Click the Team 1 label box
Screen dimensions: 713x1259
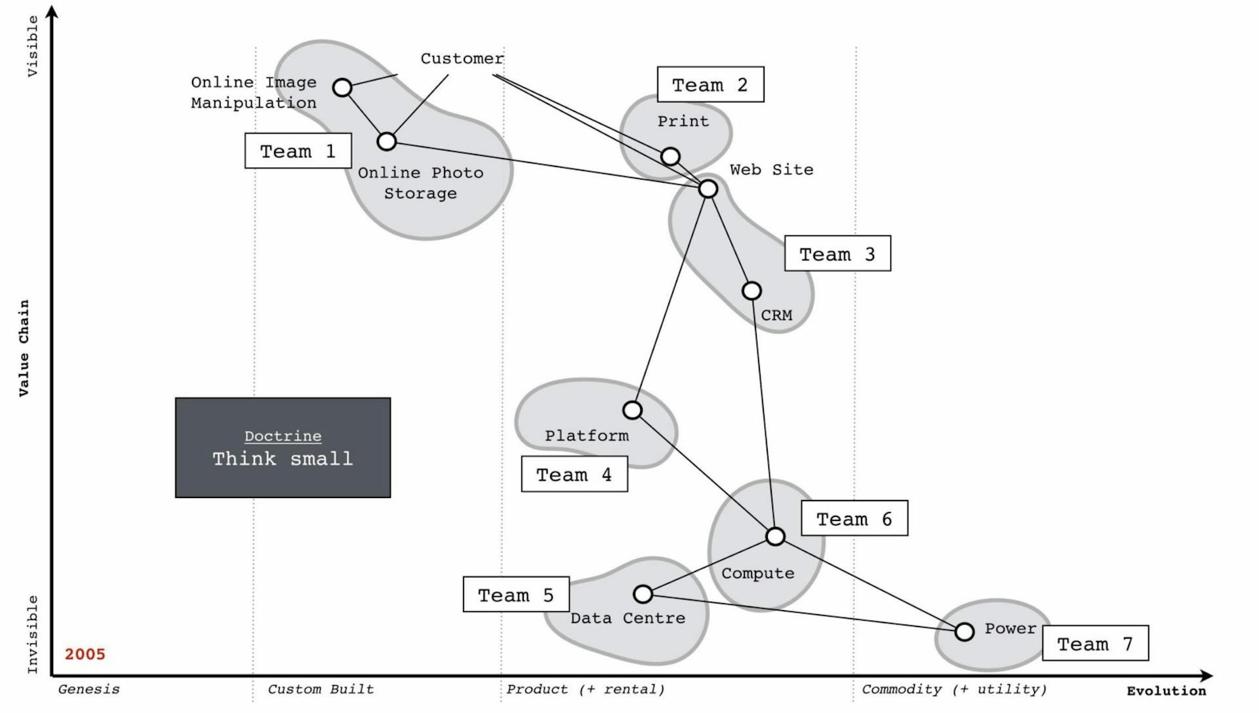coord(298,151)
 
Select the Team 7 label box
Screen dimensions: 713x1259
coord(1095,644)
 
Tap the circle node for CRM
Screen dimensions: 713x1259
coord(751,290)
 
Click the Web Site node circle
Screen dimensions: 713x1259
coord(708,189)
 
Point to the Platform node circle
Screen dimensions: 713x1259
coord(632,410)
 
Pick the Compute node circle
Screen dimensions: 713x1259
coord(775,537)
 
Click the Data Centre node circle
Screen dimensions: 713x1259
coord(643,594)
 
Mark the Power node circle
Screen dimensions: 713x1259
coord(964,632)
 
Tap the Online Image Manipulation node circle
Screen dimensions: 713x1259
coord(342,87)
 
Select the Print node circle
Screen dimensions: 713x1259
coord(669,156)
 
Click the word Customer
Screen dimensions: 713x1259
coord(462,59)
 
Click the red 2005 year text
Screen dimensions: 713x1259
coord(85,654)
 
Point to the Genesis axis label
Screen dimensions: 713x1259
coord(89,689)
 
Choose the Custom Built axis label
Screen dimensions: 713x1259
coord(321,689)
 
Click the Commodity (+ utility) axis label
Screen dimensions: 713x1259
coord(953,689)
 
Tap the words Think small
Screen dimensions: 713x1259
coord(283,459)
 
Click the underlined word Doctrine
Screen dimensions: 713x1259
coord(283,436)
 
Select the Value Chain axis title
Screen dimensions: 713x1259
coord(24,348)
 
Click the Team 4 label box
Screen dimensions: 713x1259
coord(574,474)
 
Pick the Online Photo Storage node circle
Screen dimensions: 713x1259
coord(387,142)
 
